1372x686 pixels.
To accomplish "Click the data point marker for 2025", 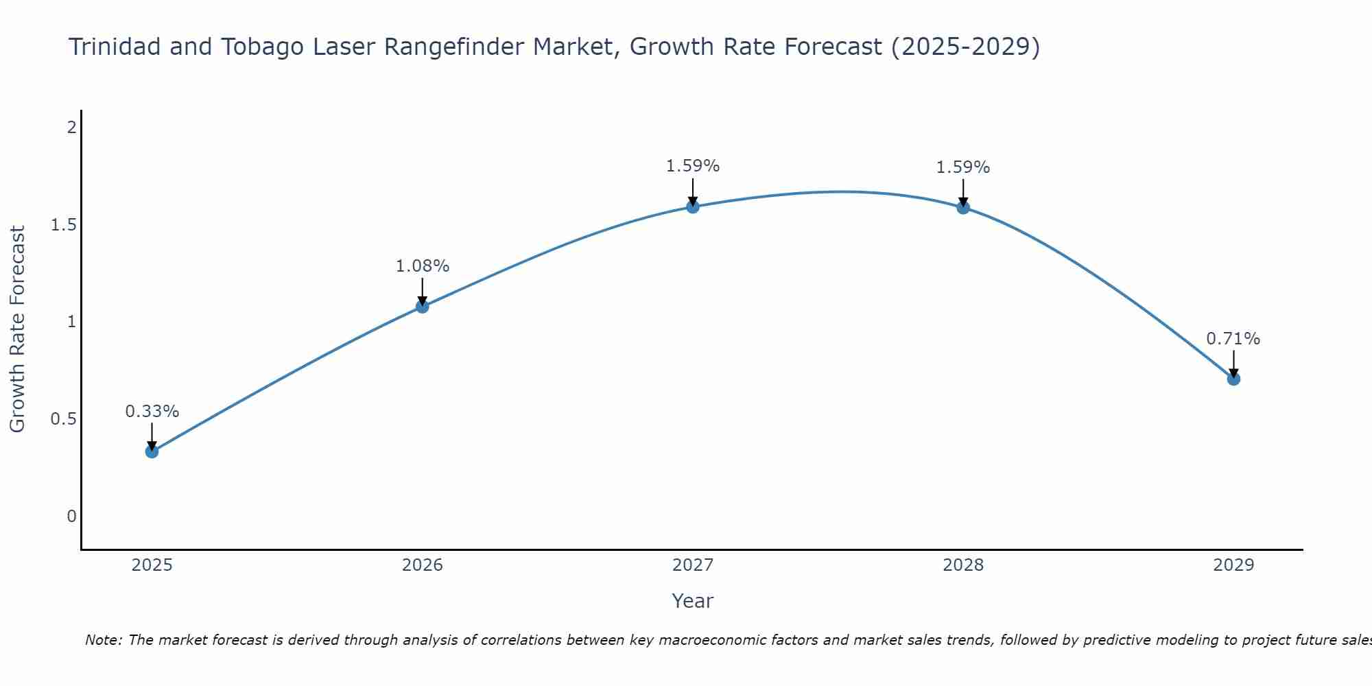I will click(152, 451).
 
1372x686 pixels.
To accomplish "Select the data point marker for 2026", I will click(423, 307).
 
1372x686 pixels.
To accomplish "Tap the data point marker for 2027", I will click(693, 206).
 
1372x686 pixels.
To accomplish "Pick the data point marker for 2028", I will click(963, 207).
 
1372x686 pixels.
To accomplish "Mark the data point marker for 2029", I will click(1233, 379).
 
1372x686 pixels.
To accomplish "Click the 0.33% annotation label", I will click(152, 412).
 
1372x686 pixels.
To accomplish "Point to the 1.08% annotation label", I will click(423, 266).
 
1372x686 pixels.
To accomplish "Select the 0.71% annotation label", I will click(1233, 339).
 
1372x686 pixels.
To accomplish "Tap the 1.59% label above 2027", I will click(693, 166).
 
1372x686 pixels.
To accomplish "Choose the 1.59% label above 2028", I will click(963, 167).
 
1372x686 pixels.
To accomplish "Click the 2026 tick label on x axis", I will click(423, 565).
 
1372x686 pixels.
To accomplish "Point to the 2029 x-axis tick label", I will click(1233, 565).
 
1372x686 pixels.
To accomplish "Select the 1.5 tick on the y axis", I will click(63, 225).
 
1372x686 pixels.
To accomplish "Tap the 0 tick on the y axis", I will click(71, 517).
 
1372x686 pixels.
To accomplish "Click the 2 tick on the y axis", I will click(71, 128).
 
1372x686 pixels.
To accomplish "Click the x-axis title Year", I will click(693, 601).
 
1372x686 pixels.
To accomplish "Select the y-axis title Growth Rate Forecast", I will click(18, 329).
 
